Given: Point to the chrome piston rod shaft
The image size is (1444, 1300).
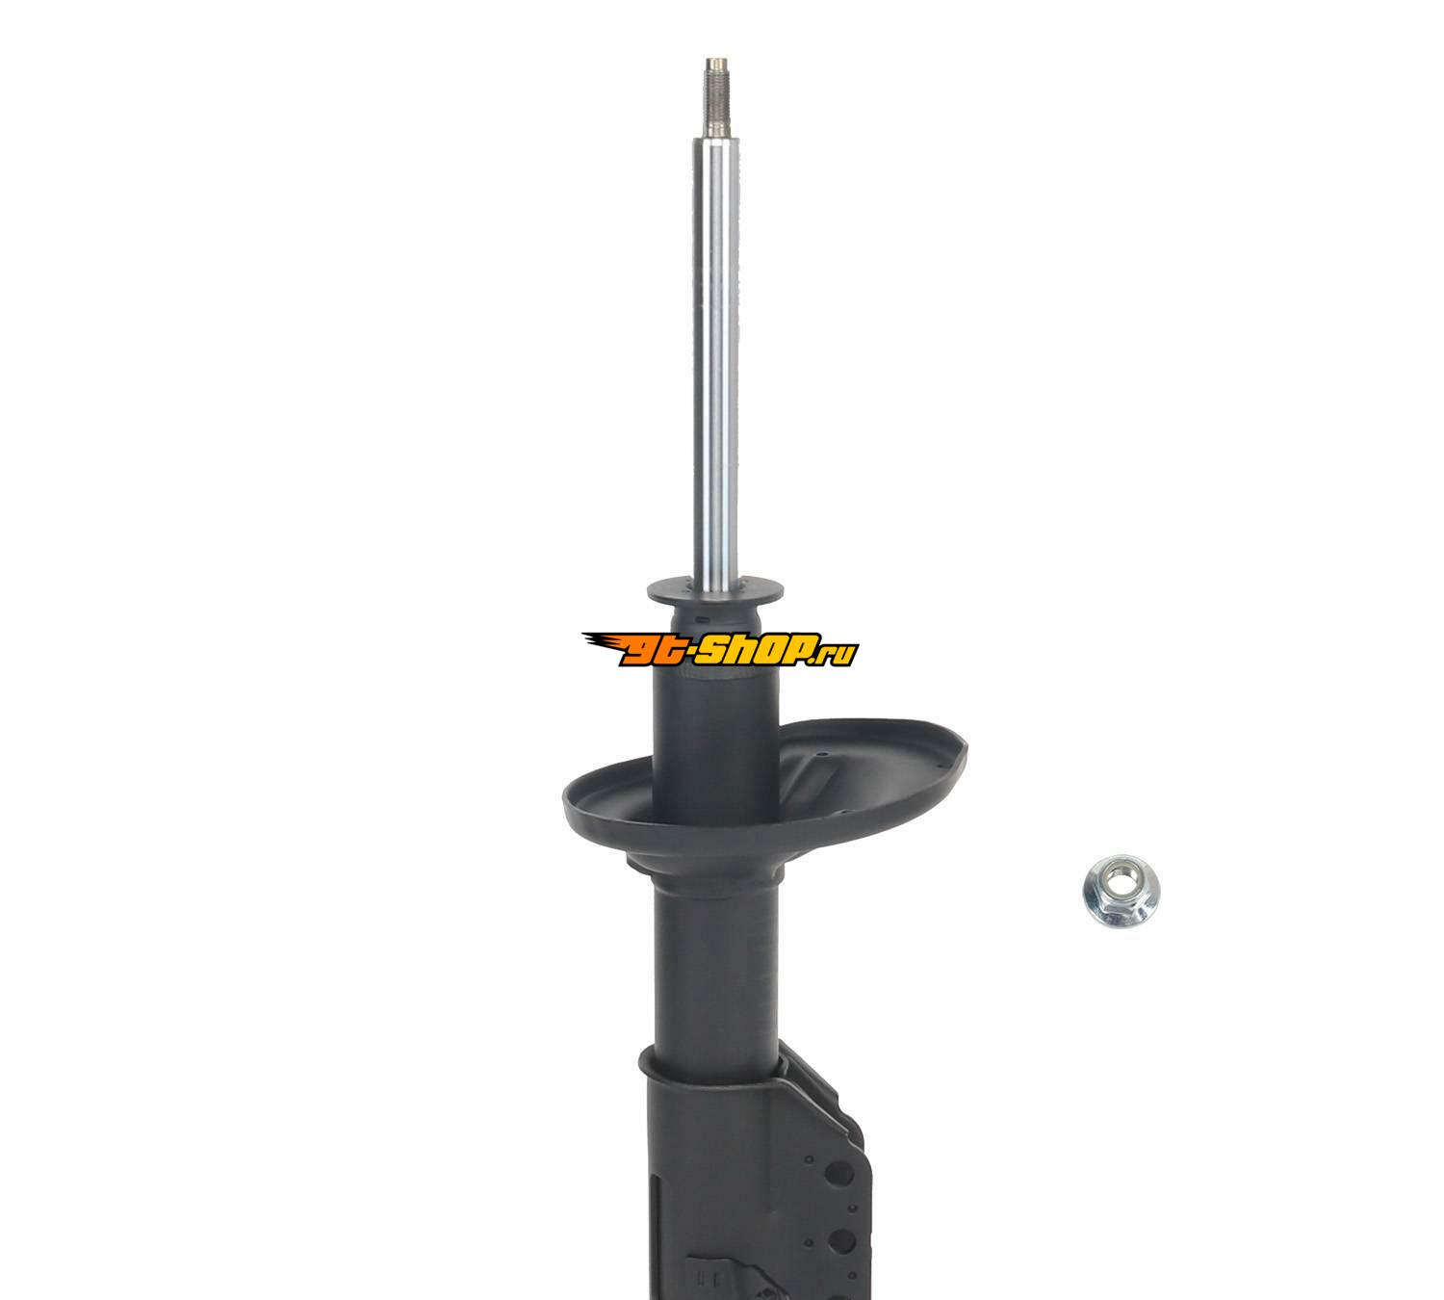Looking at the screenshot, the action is tap(715, 360).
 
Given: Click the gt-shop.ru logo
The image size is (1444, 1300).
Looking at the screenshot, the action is tap(720, 648).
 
